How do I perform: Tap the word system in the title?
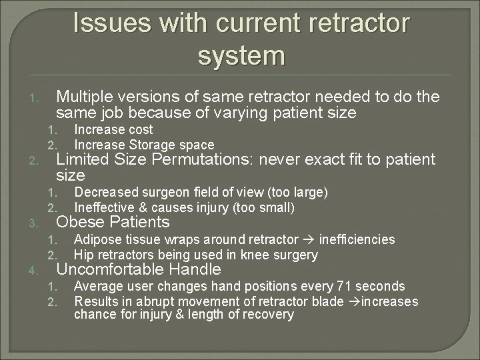coord(241,55)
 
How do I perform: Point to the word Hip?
coord(83,255)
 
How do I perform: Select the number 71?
coord(343,287)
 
